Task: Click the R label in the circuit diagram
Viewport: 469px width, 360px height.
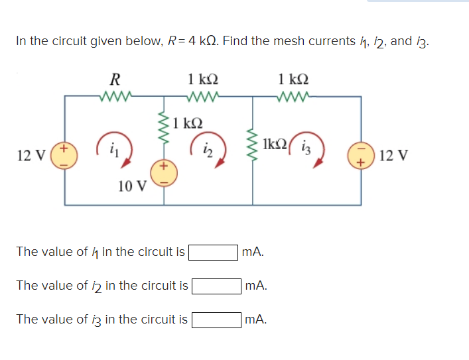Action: [x=115, y=80]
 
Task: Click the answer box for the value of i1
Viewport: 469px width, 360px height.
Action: [x=214, y=252]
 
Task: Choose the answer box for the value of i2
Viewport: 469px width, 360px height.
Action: [x=216, y=286]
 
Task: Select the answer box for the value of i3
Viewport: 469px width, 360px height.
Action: [x=216, y=320]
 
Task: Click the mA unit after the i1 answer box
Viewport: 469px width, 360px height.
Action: [x=253, y=252]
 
